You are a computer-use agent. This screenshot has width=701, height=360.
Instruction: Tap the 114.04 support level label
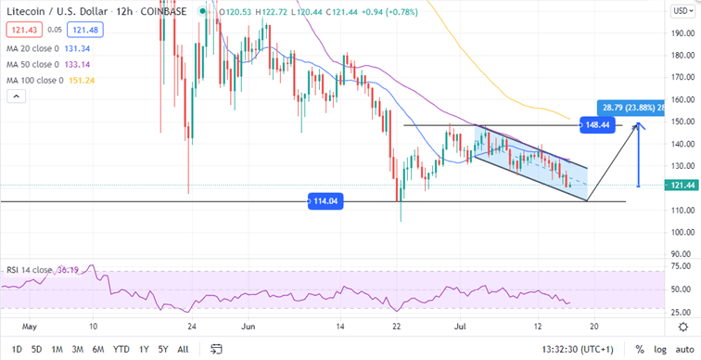(325, 199)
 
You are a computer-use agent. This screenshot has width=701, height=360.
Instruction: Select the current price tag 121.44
(680, 186)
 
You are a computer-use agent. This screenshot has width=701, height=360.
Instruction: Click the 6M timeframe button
(99, 350)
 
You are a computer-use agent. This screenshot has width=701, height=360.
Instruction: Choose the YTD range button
(121, 350)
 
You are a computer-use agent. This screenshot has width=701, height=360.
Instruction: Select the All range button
(184, 350)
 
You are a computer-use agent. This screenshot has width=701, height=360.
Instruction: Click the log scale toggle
(658, 350)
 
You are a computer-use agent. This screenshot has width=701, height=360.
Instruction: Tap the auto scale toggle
(683, 350)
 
